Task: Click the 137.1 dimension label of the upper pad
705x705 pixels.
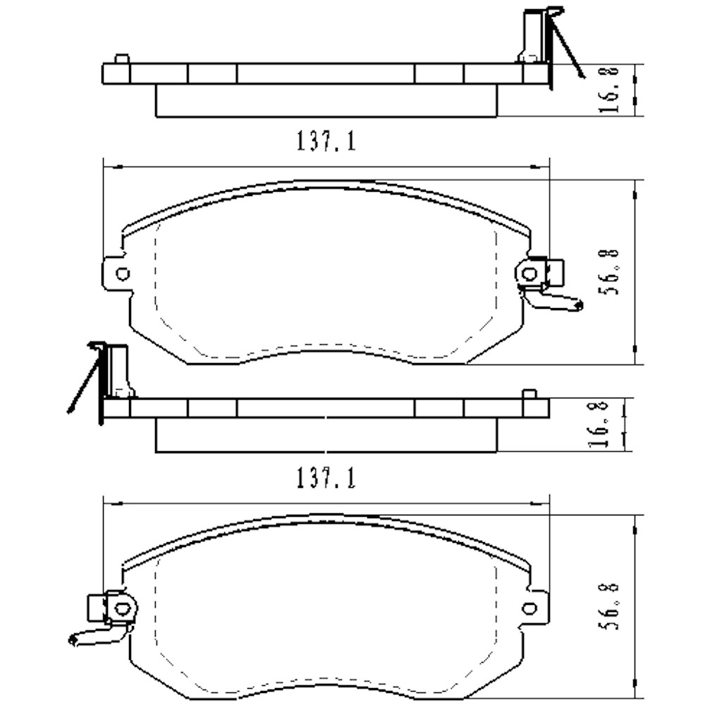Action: (326, 142)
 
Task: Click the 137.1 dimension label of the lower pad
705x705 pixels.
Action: (326, 479)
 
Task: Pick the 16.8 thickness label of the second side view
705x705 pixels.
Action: (599, 425)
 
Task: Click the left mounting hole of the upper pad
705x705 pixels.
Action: (123, 274)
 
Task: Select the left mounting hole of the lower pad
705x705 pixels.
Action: (123, 609)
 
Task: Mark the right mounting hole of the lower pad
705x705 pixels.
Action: (529, 608)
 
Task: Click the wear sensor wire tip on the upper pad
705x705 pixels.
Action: (580, 305)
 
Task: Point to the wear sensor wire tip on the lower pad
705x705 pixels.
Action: (72, 640)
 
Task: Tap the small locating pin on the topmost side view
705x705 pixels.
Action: (122, 59)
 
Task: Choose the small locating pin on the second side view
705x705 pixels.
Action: (529, 393)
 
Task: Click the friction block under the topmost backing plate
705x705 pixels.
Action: (326, 101)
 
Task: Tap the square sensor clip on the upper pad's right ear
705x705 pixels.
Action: (554, 273)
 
